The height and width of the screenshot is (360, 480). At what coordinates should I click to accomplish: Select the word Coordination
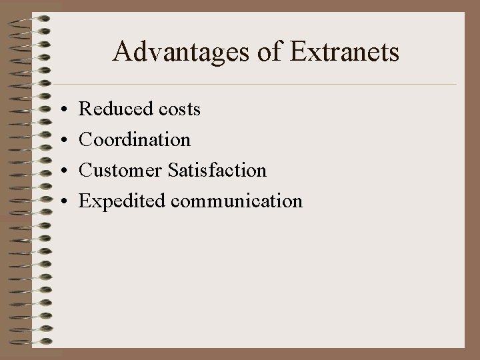click(x=135, y=139)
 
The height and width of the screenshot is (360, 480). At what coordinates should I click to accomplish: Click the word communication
click(x=237, y=201)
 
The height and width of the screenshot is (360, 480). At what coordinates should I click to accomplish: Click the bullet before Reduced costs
click(x=61, y=109)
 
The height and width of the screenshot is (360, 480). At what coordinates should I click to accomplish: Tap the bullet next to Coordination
click(x=61, y=140)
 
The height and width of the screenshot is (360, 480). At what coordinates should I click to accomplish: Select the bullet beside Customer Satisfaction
click(x=61, y=171)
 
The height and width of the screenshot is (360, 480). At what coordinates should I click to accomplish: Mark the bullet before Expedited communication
click(x=61, y=201)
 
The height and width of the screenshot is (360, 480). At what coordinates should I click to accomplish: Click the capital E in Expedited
click(x=84, y=200)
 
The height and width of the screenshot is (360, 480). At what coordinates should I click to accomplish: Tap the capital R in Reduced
click(x=85, y=109)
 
